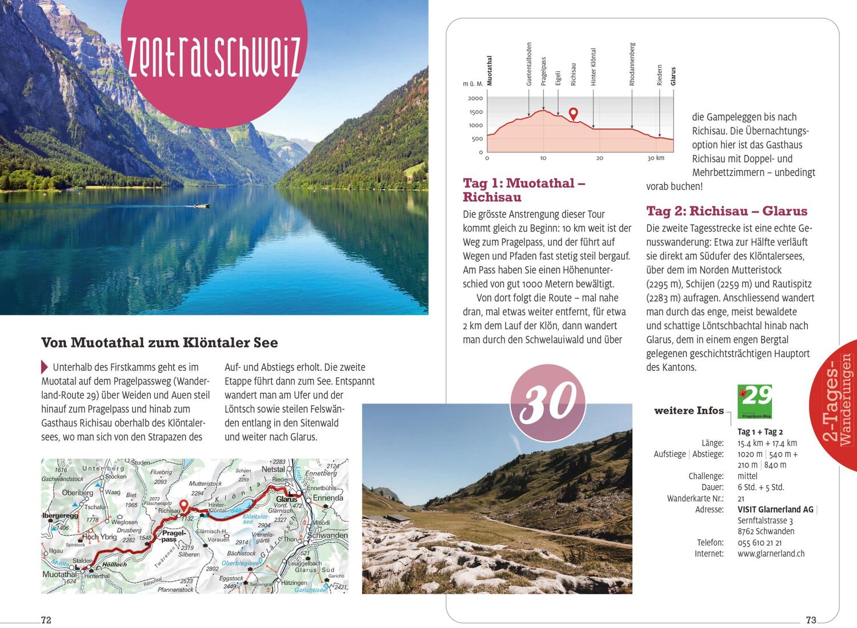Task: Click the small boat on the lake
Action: (x=201, y=205)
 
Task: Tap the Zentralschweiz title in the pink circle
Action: (x=214, y=57)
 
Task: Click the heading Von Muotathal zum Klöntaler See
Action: (x=159, y=343)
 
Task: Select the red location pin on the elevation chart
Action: (x=573, y=114)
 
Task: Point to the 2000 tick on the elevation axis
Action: (x=475, y=98)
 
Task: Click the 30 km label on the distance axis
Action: (x=655, y=158)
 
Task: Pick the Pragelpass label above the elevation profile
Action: (x=543, y=71)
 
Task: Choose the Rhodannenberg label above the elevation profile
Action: (x=632, y=64)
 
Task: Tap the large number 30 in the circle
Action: (x=548, y=402)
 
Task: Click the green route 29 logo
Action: (x=755, y=402)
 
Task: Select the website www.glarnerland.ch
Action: (x=771, y=554)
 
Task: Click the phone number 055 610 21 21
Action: (x=759, y=543)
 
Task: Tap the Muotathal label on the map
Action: (x=59, y=574)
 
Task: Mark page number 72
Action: (x=46, y=620)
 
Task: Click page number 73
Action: (x=811, y=620)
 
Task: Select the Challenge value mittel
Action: (x=747, y=476)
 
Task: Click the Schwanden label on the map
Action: (x=327, y=535)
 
